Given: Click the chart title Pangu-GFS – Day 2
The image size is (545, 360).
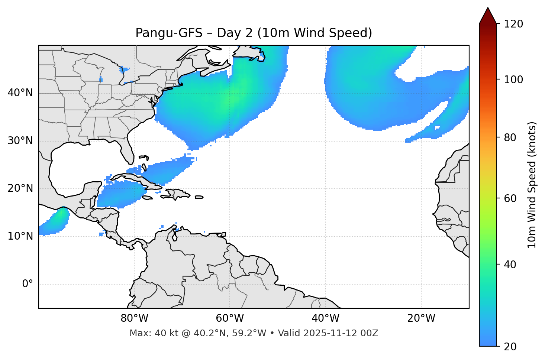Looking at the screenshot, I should (x=254, y=33).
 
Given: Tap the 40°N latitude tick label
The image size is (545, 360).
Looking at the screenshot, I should (x=20, y=93).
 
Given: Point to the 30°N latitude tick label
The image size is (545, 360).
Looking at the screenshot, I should (x=20, y=141).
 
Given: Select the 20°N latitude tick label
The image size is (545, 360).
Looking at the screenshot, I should (x=20, y=188).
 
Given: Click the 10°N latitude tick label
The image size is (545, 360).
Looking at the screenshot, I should (x=20, y=236).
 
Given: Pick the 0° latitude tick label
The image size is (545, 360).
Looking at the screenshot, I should (x=28, y=284).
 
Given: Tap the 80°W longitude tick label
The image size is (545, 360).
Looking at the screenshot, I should (x=134, y=318).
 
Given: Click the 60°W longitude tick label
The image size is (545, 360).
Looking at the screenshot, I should (x=230, y=318).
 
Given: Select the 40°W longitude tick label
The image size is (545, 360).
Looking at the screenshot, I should (x=325, y=318).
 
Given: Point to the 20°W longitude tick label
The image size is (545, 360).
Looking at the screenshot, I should (x=421, y=318).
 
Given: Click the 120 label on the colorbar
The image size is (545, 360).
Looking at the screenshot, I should (x=513, y=24).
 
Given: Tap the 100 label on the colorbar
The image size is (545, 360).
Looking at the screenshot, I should (x=513, y=80).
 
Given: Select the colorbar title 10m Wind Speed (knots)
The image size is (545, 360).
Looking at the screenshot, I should (x=532, y=185).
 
